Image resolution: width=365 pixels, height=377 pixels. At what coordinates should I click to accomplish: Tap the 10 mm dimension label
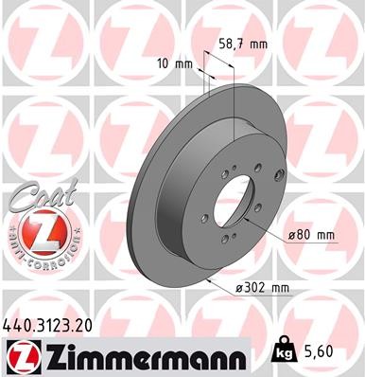pyautogui.click(x=178, y=63)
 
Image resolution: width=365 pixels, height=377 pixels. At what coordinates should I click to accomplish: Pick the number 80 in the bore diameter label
pyautogui.click(x=304, y=234)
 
